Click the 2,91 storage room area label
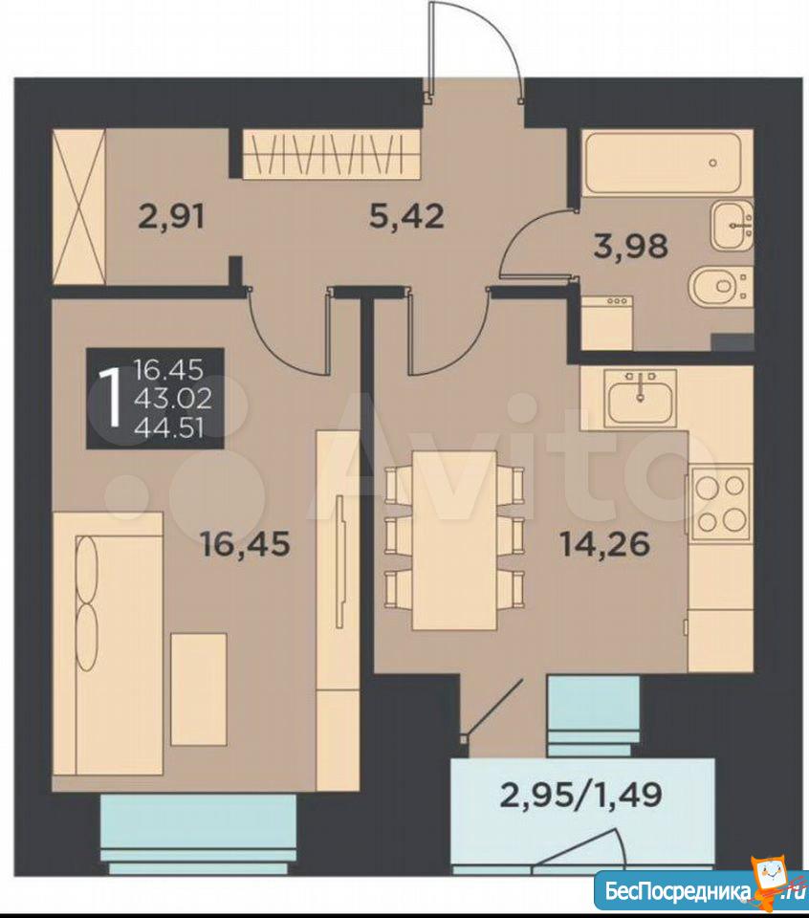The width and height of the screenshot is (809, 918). [172, 217]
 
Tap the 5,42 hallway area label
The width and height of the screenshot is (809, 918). [407, 216]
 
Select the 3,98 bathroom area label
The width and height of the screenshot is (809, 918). [630, 246]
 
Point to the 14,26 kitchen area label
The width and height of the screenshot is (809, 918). [605, 544]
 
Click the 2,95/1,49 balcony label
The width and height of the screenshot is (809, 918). [580, 795]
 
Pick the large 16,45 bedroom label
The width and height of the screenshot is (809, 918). [245, 544]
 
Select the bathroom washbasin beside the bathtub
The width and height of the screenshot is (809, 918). [732, 226]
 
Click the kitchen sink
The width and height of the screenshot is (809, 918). [641, 398]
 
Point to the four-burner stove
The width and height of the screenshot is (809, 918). [721, 504]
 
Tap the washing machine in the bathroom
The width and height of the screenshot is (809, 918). [607, 321]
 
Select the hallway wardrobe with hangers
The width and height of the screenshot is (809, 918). [332, 152]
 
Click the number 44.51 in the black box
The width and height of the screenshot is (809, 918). [168, 429]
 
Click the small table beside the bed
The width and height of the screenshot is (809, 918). [199, 689]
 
